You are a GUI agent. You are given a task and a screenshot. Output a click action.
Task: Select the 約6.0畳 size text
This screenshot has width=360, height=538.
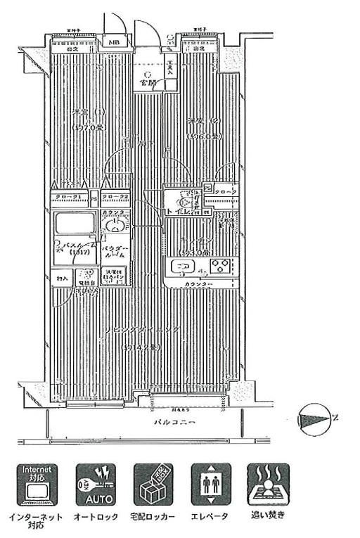pyautogui.click(x=201, y=136)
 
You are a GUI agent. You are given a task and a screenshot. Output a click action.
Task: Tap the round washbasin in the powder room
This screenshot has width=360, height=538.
pyautogui.click(x=115, y=226)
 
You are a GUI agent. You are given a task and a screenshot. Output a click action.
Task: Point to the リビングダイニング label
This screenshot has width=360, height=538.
pyautogui.click(x=145, y=331)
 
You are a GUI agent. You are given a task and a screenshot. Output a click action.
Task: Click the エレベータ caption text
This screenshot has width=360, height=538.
pyautogui.click(x=210, y=516)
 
